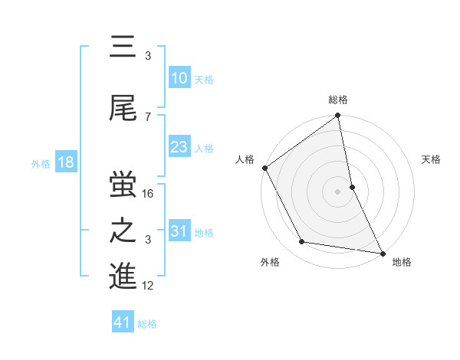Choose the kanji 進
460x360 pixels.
pyautogui.click(x=123, y=278)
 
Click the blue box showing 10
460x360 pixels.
pyautogui.click(x=179, y=79)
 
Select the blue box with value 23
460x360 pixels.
pyautogui.click(x=179, y=148)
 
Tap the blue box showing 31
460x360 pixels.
pyautogui.click(x=179, y=232)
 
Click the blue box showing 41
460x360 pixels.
pyautogui.click(x=123, y=323)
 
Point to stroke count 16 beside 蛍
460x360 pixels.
pyautogui.click(x=149, y=194)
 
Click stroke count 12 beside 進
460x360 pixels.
pyautogui.click(x=149, y=286)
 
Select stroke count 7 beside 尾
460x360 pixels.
pyautogui.click(x=148, y=116)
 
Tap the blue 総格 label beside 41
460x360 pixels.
pyautogui.click(x=147, y=324)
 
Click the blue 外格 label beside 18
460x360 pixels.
pyautogui.click(x=41, y=164)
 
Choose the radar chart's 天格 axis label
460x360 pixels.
pyautogui.click(x=431, y=159)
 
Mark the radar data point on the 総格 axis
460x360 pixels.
pyautogui.click(x=337, y=116)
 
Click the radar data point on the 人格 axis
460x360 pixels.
pyautogui.click(x=264, y=168)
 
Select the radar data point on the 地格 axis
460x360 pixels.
pyautogui.click(x=382, y=253)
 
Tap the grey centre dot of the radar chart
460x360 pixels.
pyautogui.click(x=337, y=191)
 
